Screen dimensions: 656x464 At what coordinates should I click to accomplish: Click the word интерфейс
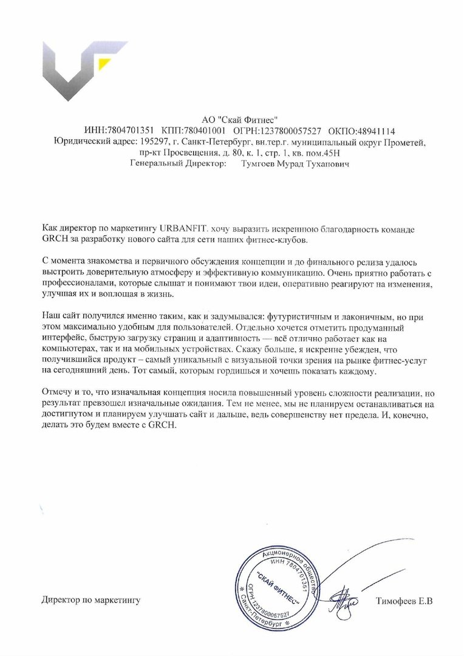62,339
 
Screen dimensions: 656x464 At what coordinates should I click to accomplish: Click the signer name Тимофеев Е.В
404,601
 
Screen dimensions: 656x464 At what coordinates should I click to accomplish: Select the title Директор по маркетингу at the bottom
91,601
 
